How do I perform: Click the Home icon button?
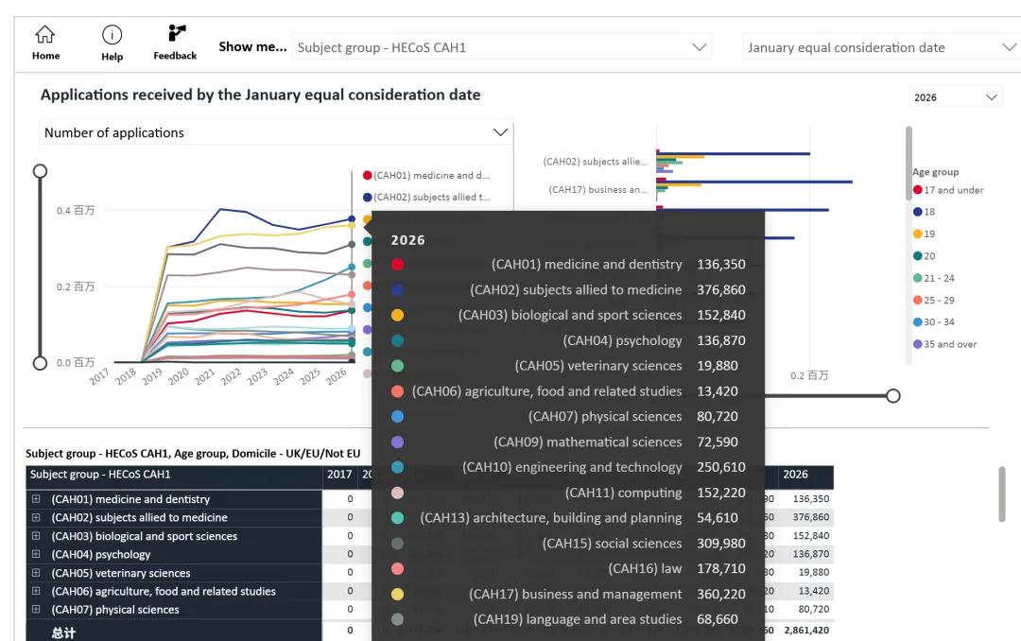coord(45,42)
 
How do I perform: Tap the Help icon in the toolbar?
coord(112,42)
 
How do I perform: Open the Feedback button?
coord(175,42)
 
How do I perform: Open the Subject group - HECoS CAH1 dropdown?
coord(502,47)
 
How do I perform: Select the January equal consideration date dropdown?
coord(880,47)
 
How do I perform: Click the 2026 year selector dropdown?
coord(955,97)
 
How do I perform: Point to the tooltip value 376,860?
coord(721,290)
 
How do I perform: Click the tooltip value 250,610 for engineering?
coord(721,467)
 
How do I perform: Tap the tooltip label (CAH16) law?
coord(645,568)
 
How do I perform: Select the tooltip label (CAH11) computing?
coord(623,493)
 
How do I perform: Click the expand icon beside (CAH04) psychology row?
coord(37,555)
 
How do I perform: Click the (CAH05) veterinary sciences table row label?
coord(121,573)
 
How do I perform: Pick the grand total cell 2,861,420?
coord(806,631)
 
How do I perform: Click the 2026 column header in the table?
coord(796,475)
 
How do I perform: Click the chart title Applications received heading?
coord(260,95)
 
